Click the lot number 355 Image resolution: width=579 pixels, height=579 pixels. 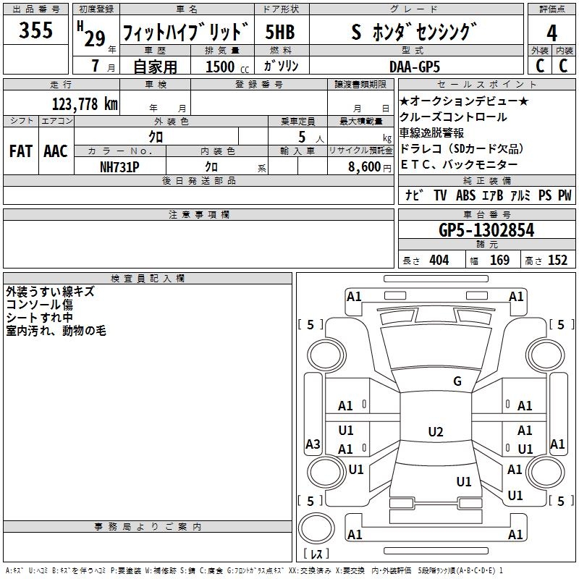(x=35, y=30)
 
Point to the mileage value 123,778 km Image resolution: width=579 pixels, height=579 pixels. (x=85, y=103)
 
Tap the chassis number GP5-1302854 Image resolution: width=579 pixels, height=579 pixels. (x=486, y=230)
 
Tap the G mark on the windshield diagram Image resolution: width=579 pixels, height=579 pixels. (x=457, y=381)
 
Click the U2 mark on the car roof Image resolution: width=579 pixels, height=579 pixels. (x=435, y=432)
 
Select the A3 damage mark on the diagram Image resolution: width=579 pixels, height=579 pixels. (x=313, y=444)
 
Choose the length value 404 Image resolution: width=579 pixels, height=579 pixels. (x=438, y=260)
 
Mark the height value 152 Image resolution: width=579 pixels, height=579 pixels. (x=557, y=260)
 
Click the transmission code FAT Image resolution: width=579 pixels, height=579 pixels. (x=20, y=151)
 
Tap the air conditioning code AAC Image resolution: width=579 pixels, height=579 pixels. (x=55, y=151)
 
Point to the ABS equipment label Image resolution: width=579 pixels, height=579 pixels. (x=465, y=195)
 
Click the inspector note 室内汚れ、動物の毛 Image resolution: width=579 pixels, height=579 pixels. (x=56, y=331)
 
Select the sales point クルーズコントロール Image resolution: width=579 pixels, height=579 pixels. (x=453, y=117)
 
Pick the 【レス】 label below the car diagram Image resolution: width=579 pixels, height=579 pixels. (x=316, y=554)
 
